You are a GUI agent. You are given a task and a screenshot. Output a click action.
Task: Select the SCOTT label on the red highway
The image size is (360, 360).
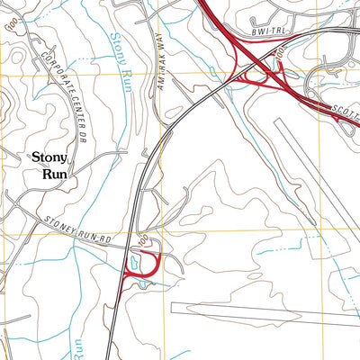(x=345, y=112)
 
